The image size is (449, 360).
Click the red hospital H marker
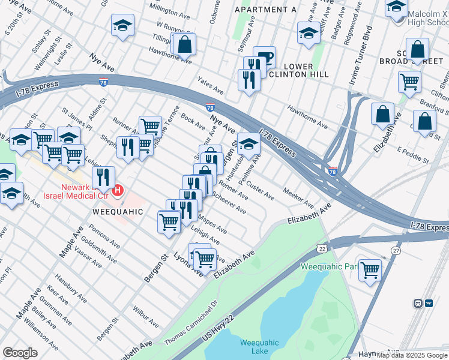118,191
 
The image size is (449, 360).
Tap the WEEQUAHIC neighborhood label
118,212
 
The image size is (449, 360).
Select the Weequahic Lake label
259,347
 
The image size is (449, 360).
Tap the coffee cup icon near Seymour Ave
264,58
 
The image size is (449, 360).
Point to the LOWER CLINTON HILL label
298,70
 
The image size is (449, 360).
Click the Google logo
20,352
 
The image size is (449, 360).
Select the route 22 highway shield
322,248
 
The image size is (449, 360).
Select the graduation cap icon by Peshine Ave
249,143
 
